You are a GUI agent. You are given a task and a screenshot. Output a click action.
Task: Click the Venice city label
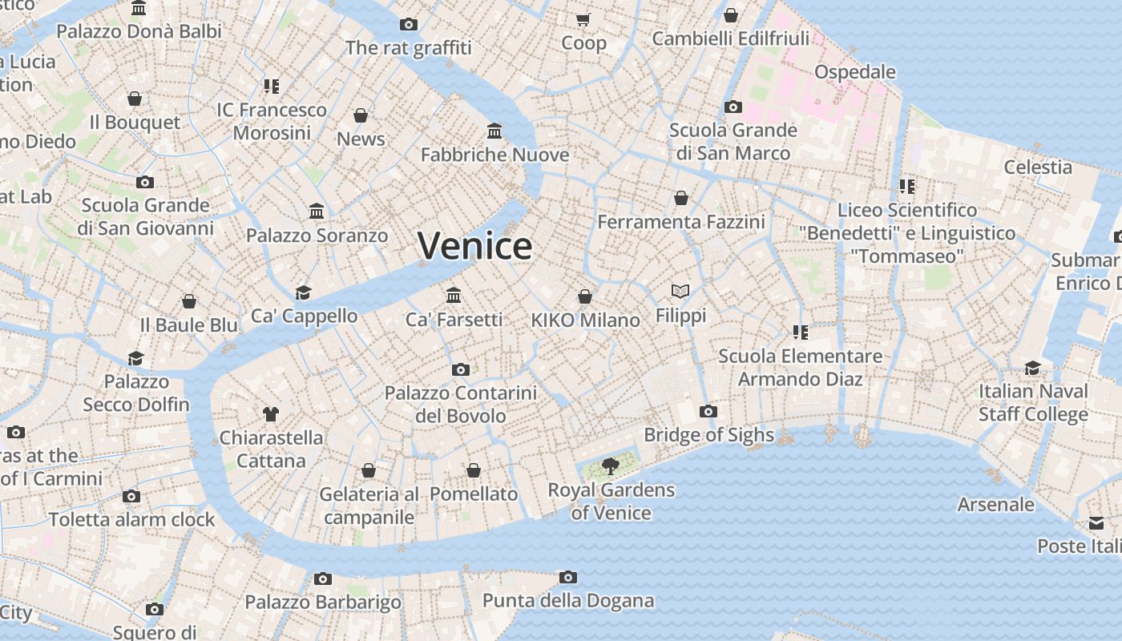(474, 245)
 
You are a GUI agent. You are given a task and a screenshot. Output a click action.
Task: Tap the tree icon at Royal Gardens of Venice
(611, 466)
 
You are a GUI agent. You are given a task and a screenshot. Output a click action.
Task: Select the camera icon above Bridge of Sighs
(708, 412)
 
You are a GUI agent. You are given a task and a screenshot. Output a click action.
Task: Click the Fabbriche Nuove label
(494, 155)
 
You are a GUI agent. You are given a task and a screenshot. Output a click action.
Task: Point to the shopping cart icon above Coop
(583, 19)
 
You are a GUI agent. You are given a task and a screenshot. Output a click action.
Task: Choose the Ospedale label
(854, 71)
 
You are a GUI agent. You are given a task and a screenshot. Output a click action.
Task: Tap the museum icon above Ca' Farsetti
(454, 295)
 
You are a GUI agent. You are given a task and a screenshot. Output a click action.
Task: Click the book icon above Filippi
(680, 291)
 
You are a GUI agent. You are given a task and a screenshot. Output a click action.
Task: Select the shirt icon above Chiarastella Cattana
(271, 414)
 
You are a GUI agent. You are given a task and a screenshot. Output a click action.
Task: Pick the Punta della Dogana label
(567, 600)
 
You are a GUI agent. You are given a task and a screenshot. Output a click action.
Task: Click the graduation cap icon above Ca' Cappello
(303, 292)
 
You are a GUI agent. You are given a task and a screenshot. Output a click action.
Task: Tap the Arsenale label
(995, 504)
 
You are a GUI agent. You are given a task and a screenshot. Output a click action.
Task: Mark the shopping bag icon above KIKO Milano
(586, 296)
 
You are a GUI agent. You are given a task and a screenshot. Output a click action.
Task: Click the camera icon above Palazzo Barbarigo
(323, 579)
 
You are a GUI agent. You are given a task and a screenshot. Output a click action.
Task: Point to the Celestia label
(1038, 167)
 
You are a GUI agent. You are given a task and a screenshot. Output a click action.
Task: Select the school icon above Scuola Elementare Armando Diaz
(800, 332)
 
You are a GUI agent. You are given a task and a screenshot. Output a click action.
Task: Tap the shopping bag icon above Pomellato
(474, 470)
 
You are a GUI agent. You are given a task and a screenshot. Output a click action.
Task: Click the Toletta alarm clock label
(132, 519)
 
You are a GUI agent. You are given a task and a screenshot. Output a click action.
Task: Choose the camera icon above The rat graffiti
(409, 25)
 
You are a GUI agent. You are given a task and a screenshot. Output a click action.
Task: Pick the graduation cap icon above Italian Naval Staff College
(1033, 368)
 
